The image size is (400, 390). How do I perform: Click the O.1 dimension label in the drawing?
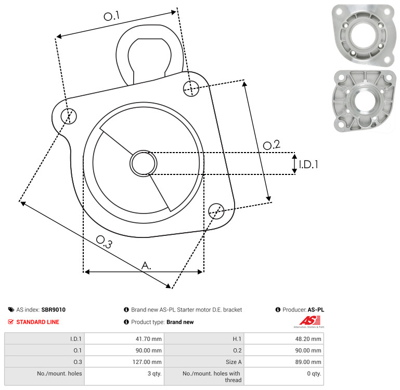(111, 16)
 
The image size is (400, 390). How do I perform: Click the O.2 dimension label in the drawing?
(272, 145)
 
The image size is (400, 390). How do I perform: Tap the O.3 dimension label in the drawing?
(104, 242)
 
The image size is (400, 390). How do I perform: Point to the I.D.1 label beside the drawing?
(308, 165)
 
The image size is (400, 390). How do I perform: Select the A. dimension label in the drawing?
(146, 266)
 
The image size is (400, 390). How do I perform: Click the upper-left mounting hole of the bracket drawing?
(69, 116)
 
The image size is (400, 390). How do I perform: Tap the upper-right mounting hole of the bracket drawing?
(191, 89)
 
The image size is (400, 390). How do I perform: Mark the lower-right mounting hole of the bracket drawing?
(216, 211)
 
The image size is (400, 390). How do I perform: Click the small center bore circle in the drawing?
(144, 163)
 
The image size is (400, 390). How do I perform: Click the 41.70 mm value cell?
(148, 339)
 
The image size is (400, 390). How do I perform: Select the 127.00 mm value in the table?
(147, 362)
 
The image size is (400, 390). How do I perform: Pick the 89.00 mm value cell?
(308, 362)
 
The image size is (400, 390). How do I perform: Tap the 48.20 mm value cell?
(308, 339)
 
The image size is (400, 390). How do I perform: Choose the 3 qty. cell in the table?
(154, 374)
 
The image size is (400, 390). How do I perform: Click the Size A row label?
(234, 362)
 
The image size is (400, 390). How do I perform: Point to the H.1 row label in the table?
(237, 339)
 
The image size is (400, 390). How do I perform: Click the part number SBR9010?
(54, 310)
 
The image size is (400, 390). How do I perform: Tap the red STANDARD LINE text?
(38, 322)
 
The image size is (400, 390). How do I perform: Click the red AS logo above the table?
(309, 321)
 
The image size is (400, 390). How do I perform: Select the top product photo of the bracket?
(364, 34)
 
